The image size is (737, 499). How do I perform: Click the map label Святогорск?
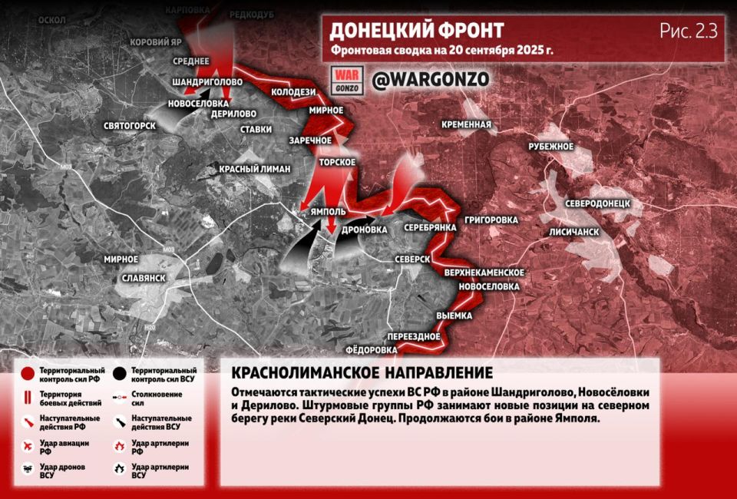pos(130,125)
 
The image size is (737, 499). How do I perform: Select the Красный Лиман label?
pos(254,168)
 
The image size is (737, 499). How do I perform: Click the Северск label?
pos(412,259)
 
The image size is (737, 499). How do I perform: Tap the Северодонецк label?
pos(597,203)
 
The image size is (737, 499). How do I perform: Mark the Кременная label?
pos(466,124)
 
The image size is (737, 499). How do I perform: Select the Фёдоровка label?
pos(372,350)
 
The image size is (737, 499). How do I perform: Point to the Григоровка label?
pos(491,220)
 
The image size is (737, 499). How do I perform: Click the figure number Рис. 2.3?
pos(688,31)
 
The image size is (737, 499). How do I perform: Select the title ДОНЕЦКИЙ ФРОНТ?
pos(417,31)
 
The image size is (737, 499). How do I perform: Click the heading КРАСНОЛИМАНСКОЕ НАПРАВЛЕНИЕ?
pos(362,373)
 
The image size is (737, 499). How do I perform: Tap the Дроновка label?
pos(362,229)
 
